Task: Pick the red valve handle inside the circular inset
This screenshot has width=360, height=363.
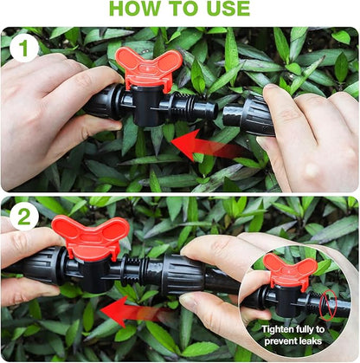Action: coord(289,270)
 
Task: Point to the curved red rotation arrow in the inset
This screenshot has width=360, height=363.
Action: coord(326,304)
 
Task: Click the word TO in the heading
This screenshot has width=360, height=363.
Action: coord(183,10)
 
